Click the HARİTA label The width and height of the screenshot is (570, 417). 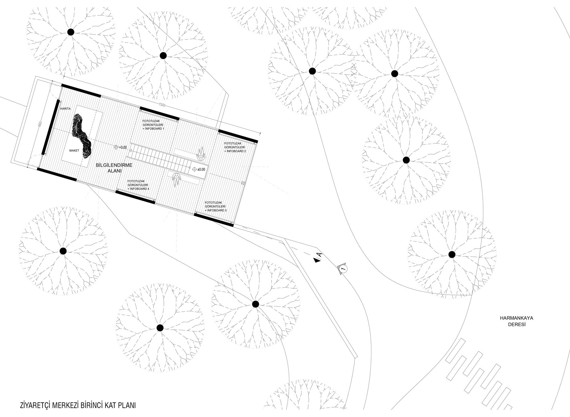coord(65,109)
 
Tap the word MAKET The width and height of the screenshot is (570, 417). coord(74,150)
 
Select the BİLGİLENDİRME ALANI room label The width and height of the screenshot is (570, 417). coord(114,168)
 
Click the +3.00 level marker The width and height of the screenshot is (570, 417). coord(120,147)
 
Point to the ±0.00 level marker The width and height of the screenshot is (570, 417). coord(199,169)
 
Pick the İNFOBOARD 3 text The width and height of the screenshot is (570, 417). coord(216,210)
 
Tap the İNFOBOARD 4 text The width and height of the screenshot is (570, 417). coord(138,189)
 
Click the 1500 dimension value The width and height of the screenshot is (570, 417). coord(162,105)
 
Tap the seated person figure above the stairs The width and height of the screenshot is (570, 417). coord(201,153)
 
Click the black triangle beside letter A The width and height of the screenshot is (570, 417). coord(316,260)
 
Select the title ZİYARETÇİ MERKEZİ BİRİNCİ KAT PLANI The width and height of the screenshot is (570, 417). coord(78,406)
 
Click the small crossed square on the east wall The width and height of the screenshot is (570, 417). coord(243,183)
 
